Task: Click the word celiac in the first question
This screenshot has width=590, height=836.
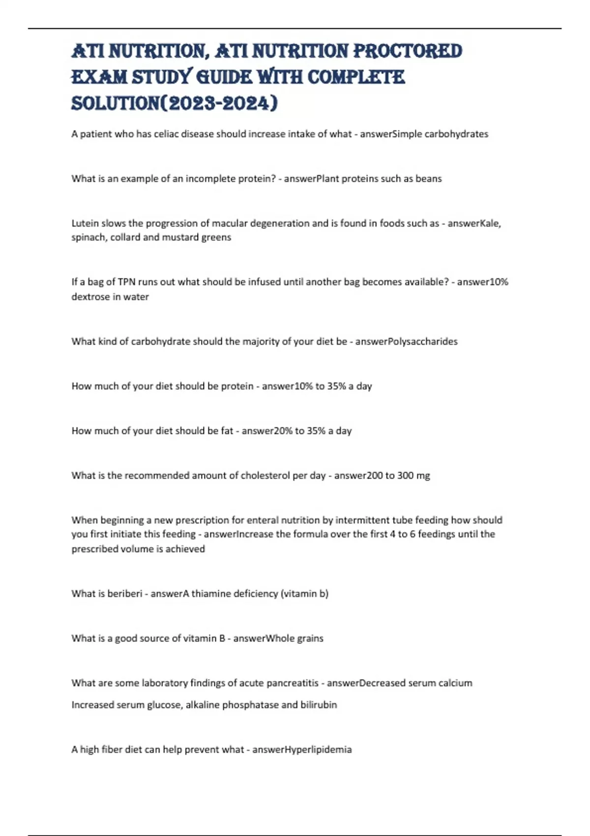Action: pos(159,134)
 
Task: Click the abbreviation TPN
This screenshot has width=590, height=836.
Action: pos(127,282)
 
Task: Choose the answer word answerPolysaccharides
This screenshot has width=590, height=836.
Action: pos(406,341)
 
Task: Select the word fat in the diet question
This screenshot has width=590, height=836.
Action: pos(227,431)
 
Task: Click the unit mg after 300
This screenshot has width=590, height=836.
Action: pos(423,476)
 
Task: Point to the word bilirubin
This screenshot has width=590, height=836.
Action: pos(319,705)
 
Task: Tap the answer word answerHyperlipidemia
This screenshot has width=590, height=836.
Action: pos(302,749)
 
